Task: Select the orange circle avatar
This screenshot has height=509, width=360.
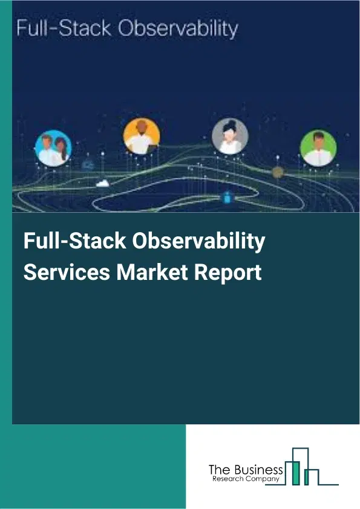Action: point(142,135)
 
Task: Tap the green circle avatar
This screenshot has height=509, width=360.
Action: point(318,148)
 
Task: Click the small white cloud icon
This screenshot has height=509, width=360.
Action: point(103,183)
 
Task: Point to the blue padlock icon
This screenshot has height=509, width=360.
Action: point(227,197)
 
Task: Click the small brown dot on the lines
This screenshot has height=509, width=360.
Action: point(278,172)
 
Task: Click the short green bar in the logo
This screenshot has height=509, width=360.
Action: point(307,478)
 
